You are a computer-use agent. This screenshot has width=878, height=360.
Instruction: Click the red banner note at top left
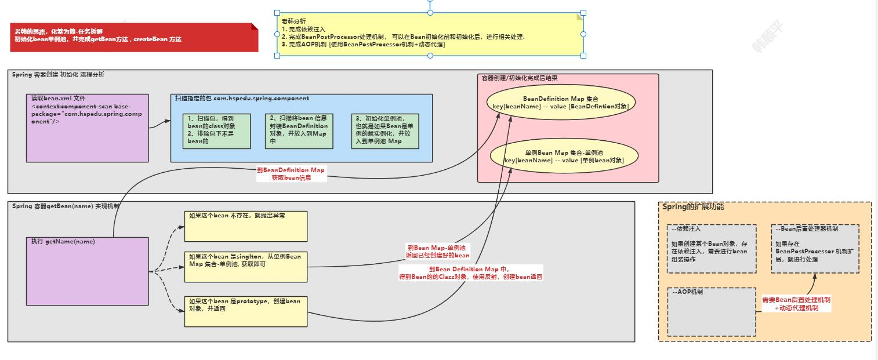click(x=134, y=38)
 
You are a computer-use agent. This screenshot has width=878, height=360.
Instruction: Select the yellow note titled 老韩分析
click(x=430, y=34)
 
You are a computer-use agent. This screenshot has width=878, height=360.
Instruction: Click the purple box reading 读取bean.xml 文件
click(x=87, y=128)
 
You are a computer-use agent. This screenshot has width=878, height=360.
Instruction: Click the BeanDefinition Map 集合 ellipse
click(x=560, y=103)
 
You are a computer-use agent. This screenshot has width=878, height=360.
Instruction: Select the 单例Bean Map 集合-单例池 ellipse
click(x=564, y=156)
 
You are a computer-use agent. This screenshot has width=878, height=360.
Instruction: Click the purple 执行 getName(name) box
click(x=87, y=271)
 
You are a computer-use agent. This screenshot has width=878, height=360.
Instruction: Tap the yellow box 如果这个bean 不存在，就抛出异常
click(x=245, y=226)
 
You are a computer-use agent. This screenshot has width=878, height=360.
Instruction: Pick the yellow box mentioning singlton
click(x=245, y=267)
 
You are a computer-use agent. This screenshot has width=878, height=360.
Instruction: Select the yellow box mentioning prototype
click(x=245, y=311)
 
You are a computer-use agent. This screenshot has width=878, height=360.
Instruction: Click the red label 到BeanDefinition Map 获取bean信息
click(x=291, y=174)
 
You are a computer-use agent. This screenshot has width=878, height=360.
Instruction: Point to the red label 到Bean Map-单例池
click(x=437, y=251)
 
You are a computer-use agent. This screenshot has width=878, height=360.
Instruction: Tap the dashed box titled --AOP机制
click(x=712, y=312)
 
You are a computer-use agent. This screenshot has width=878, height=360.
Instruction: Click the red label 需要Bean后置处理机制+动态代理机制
click(x=796, y=304)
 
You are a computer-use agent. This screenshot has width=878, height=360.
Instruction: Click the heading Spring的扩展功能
click(x=692, y=207)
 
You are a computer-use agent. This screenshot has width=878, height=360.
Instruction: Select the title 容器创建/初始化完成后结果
click(x=520, y=78)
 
